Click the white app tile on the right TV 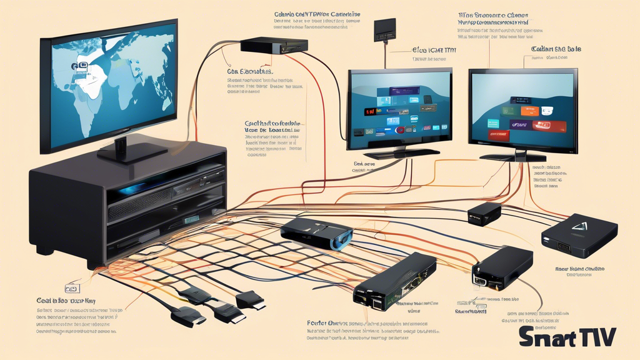(x=547, y=111)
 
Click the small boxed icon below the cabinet (x=72, y=289)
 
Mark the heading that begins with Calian (x=556, y=49)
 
